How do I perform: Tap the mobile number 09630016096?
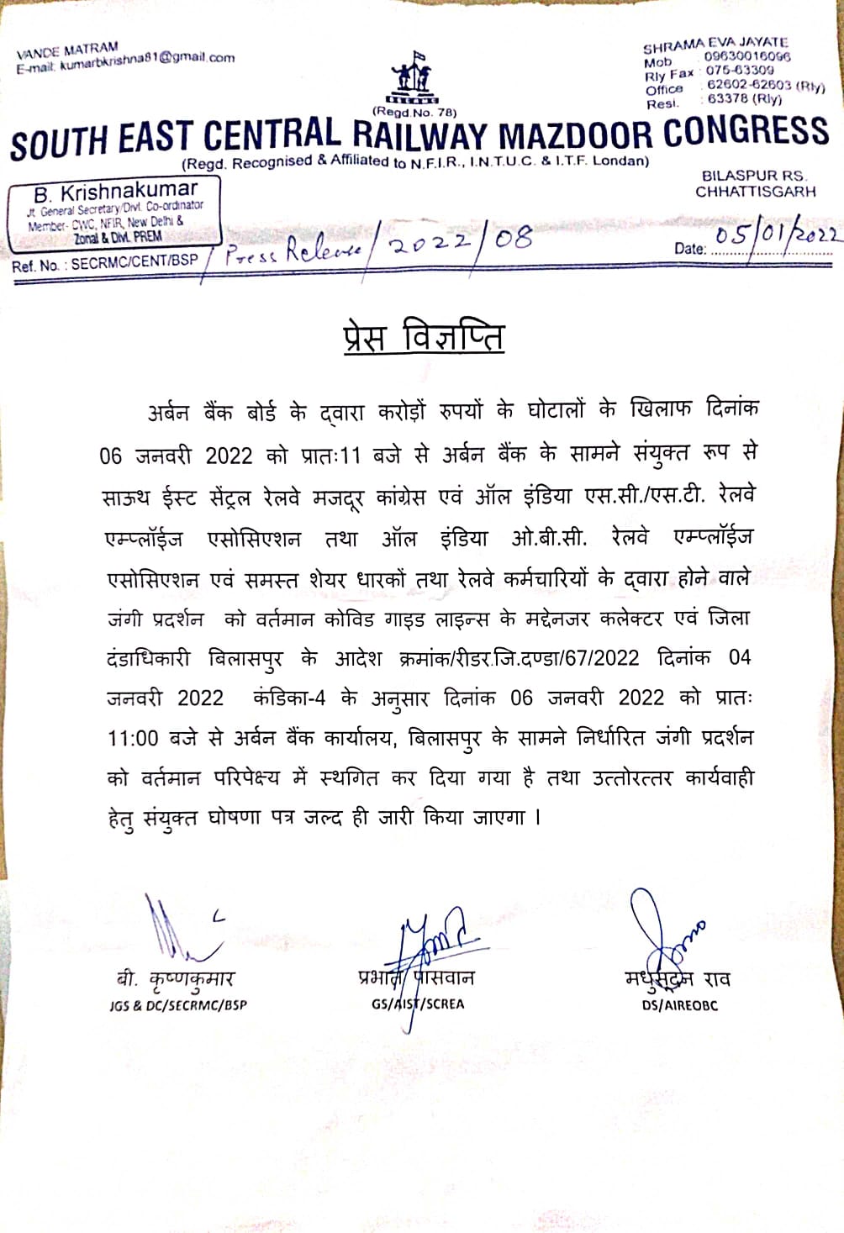click(x=747, y=56)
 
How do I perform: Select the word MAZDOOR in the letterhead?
click(x=572, y=136)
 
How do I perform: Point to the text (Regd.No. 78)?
click(x=415, y=112)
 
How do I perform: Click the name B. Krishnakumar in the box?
click(x=116, y=191)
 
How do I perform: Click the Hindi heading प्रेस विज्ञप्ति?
click(x=424, y=336)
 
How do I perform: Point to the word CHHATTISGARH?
click(x=755, y=192)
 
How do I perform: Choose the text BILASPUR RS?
click(x=754, y=176)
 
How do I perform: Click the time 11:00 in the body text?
click(x=133, y=739)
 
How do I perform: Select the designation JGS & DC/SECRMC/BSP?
click(x=178, y=1004)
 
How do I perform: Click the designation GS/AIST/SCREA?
click(x=418, y=1004)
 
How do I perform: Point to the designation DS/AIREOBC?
click(x=680, y=1004)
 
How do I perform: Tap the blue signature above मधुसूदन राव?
click(x=663, y=933)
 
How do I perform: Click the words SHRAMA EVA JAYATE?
click(x=715, y=43)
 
